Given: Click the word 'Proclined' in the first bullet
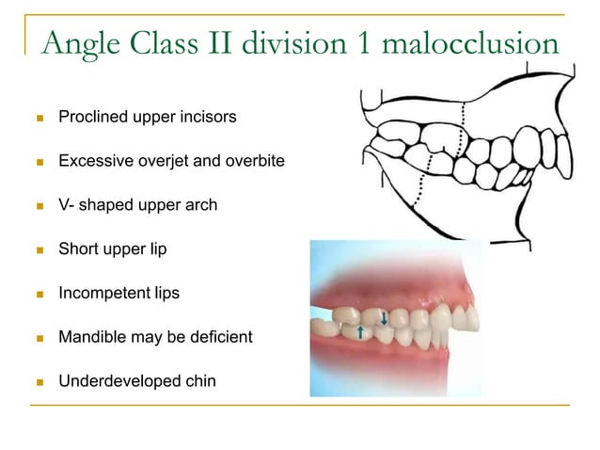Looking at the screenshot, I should click(x=91, y=119).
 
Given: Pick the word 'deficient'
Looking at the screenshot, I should click(x=220, y=336).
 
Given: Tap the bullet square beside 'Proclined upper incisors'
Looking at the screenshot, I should click(x=38, y=120).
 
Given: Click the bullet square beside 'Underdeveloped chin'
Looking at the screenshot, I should click(x=38, y=381).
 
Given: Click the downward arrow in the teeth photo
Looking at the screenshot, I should click(x=385, y=320).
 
